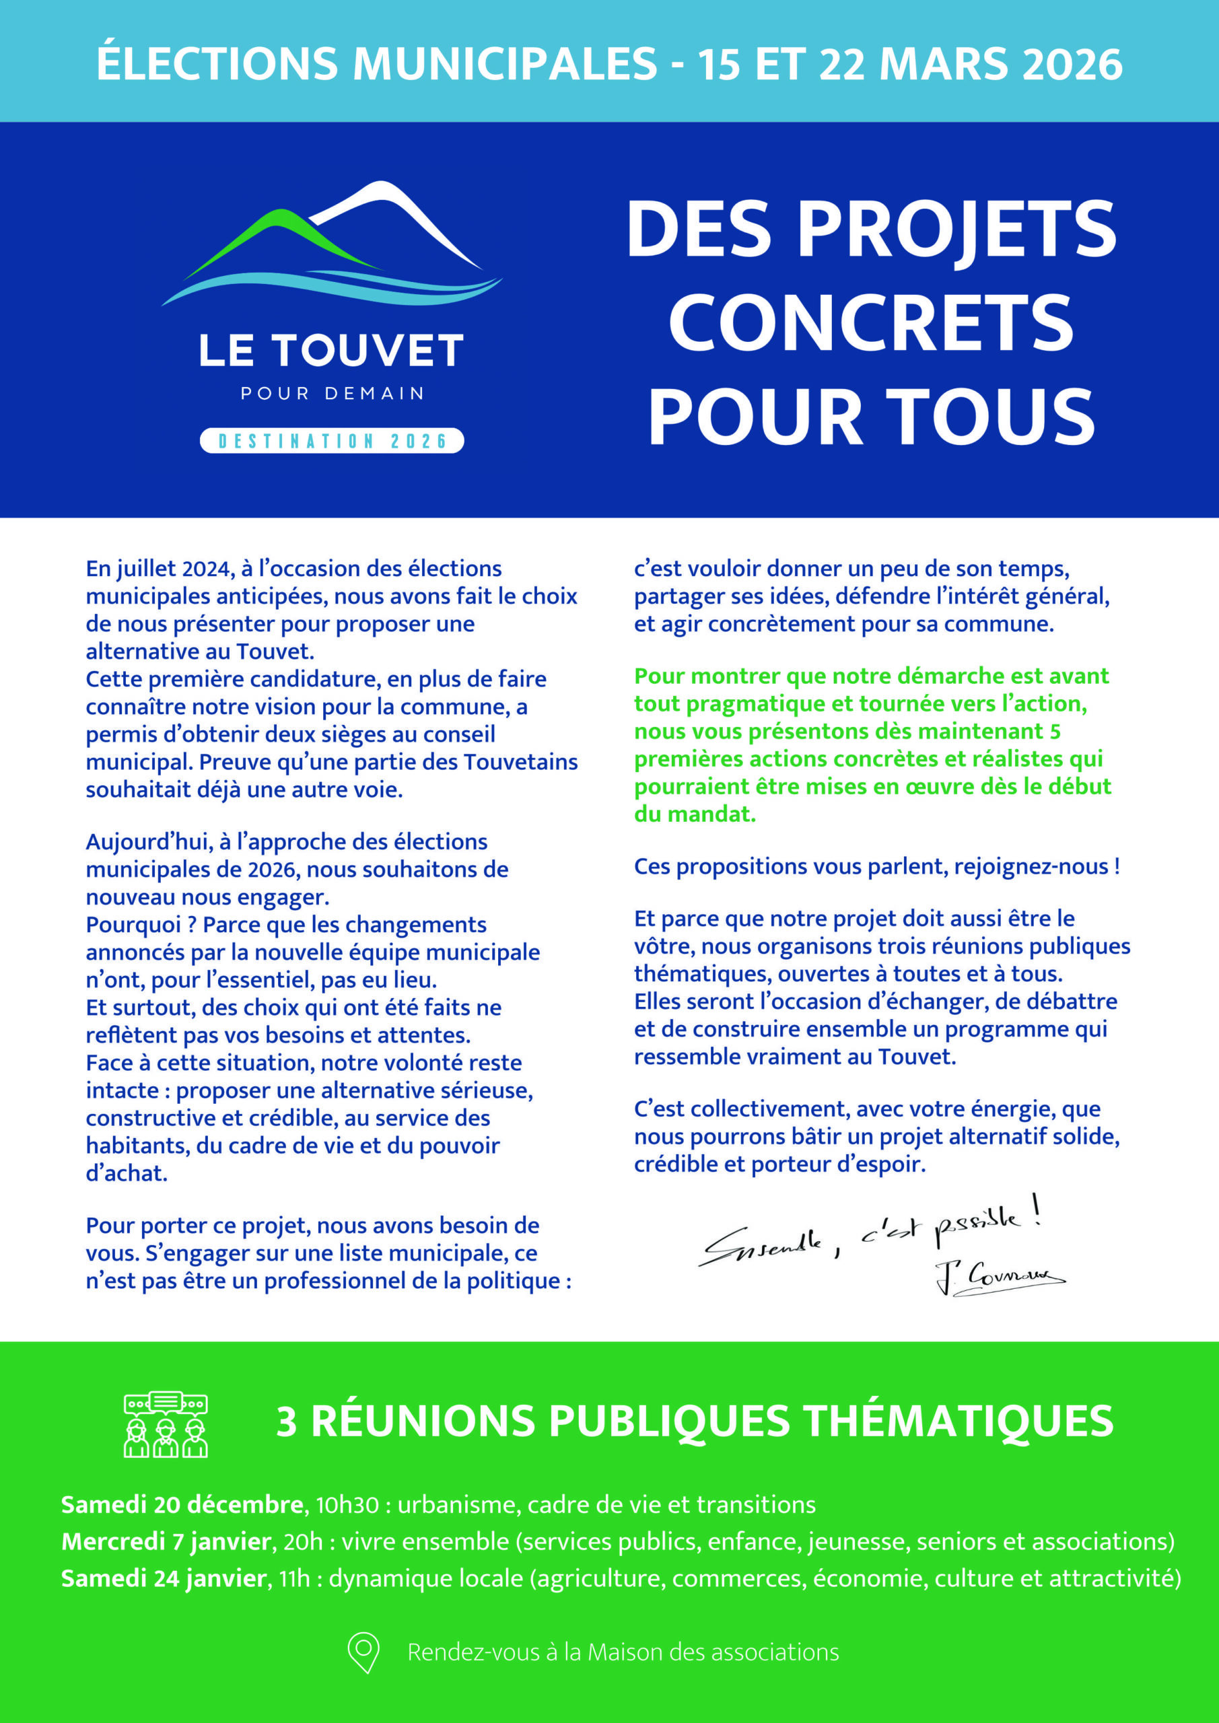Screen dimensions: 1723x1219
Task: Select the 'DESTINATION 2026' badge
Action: tap(332, 440)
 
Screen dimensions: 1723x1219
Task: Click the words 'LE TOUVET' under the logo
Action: tap(332, 351)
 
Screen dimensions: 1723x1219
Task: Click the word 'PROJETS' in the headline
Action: tap(957, 229)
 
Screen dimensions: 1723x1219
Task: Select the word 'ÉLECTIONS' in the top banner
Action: tap(217, 64)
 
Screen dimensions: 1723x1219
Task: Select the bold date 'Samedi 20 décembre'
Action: tap(182, 1505)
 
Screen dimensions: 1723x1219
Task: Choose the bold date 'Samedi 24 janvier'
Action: tap(164, 1578)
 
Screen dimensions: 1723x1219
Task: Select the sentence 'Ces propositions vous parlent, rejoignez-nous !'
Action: tap(876, 867)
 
